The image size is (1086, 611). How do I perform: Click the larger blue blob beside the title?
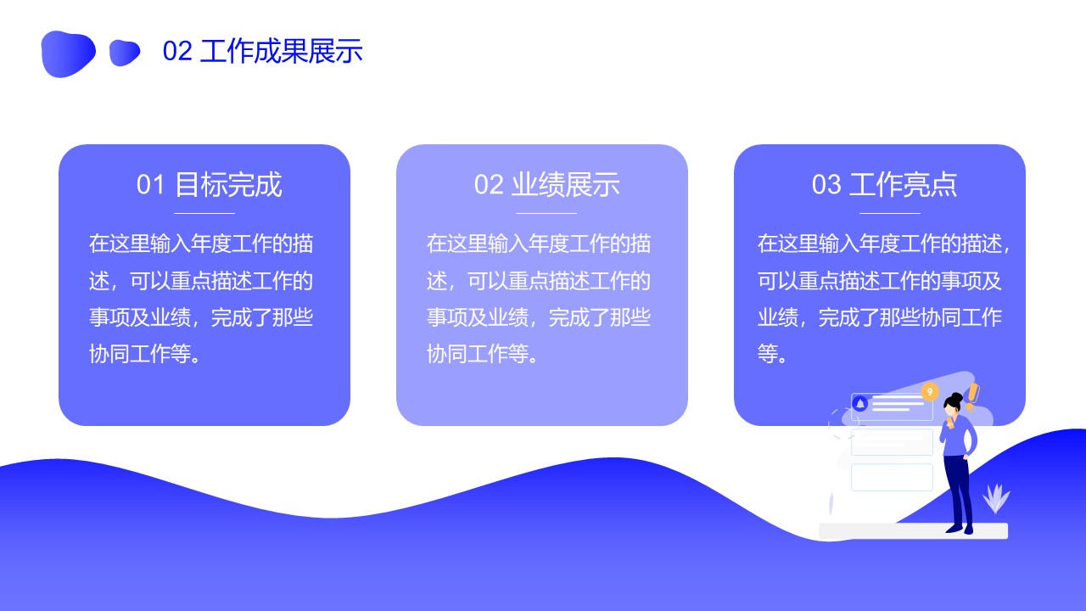[68, 53]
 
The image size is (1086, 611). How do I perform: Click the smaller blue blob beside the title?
[125, 53]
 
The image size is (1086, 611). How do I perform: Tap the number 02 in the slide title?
[177, 51]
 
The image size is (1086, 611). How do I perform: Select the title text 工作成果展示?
[281, 51]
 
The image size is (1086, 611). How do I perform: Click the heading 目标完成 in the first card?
[228, 185]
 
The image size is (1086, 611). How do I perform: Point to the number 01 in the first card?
[150, 185]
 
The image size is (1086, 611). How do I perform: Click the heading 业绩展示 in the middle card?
[566, 185]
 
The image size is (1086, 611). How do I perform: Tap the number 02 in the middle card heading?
[489, 185]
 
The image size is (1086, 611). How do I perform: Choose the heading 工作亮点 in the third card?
[904, 185]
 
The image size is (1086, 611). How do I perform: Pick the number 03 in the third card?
[826, 185]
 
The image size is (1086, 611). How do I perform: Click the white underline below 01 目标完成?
[204, 213]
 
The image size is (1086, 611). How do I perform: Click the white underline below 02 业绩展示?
[546, 213]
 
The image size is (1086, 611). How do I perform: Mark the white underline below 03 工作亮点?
[890, 213]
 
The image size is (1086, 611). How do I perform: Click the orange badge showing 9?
[929, 392]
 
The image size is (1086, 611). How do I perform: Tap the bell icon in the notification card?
[860, 403]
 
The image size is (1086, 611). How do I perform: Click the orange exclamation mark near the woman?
[972, 396]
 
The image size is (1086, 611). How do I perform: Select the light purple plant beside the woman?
[995, 498]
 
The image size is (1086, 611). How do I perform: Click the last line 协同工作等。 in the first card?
[145, 354]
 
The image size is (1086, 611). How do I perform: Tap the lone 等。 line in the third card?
[772, 354]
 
